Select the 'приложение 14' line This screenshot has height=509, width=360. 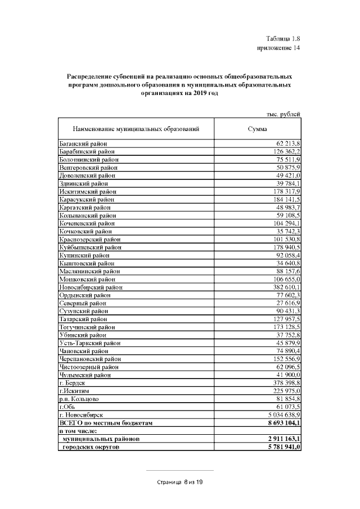click(x=279, y=49)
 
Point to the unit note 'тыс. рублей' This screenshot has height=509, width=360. click(x=283, y=115)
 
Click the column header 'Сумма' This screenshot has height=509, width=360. click(x=257, y=129)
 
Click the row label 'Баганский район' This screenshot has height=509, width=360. click(x=83, y=145)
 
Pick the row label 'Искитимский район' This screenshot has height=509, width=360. click(x=87, y=192)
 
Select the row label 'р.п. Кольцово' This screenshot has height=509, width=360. click(x=79, y=398)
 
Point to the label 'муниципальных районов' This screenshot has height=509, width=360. click(x=101, y=439)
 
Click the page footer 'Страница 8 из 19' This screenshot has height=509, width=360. click(x=179, y=482)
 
